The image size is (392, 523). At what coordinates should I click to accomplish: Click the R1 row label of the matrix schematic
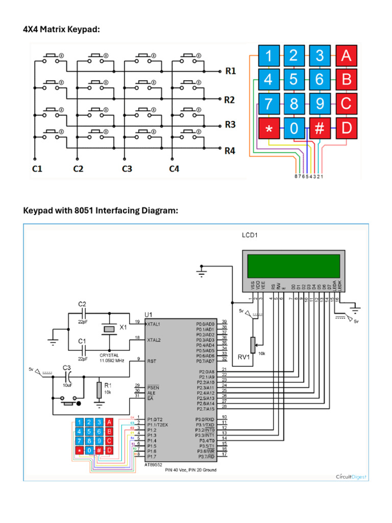click(230, 72)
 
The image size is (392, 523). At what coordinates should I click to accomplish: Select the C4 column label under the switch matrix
click(174, 169)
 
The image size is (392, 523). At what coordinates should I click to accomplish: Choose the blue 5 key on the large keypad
click(293, 80)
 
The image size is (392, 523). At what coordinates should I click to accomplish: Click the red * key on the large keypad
click(268, 129)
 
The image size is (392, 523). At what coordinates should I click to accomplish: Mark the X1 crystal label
click(123, 326)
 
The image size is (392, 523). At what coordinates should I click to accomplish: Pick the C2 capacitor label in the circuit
click(82, 304)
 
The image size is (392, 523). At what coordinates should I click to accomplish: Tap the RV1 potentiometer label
click(244, 357)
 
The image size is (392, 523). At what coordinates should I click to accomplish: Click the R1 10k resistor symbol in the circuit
click(99, 390)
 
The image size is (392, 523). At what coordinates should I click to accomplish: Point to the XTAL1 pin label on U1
click(154, 324)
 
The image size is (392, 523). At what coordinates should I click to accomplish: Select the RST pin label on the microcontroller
click(151, 361)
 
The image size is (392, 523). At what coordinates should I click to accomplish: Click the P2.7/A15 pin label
click(205, 408)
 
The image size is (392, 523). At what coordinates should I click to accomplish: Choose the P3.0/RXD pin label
click(205, 419)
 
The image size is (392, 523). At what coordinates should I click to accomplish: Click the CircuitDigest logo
click(351, 477)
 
